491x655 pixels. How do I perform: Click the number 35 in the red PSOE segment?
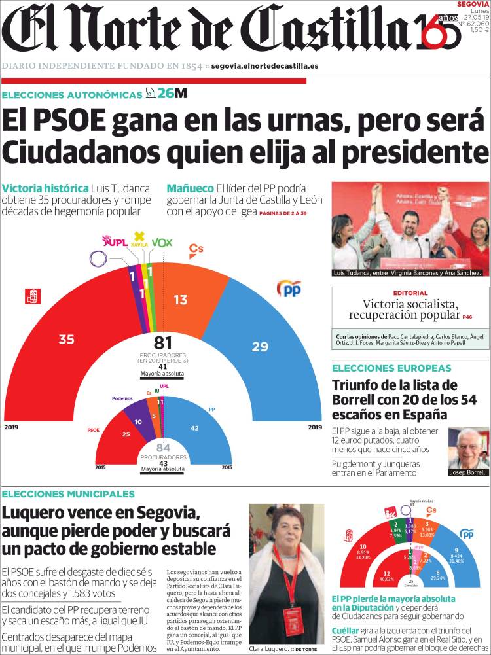[x=66, y=340]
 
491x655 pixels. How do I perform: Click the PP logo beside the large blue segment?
[x=289, y=289]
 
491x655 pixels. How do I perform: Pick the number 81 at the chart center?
[x=162, y=343]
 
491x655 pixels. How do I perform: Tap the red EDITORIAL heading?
[x=410, y=293]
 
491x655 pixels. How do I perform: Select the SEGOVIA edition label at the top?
[x=473, y=4]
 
